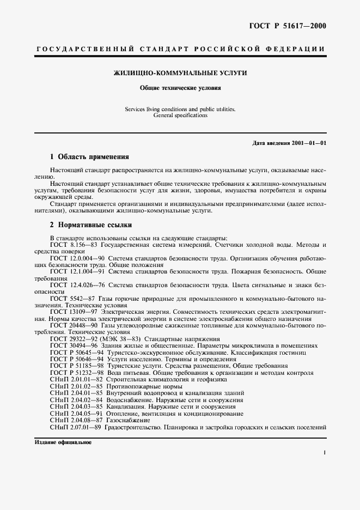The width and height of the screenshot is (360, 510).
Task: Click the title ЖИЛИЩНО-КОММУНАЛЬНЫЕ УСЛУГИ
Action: pyautogui.click(x=180, y=72)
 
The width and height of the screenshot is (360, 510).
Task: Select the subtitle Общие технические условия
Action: pyautogui.click(x=180, y=87)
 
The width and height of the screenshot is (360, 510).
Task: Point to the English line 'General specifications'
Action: pyautogui.click(x=180, y=116)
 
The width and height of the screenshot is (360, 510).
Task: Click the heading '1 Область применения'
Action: pyautogui.click(x=89, y=156)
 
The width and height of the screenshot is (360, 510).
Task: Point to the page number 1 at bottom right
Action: pyautogui.click(x=324, y=453)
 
